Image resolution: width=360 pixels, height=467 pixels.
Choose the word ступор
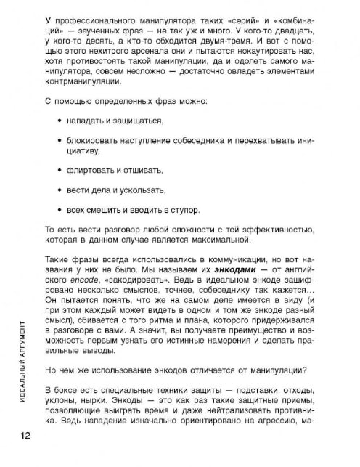pyautogui.click(x=183, y=209)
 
